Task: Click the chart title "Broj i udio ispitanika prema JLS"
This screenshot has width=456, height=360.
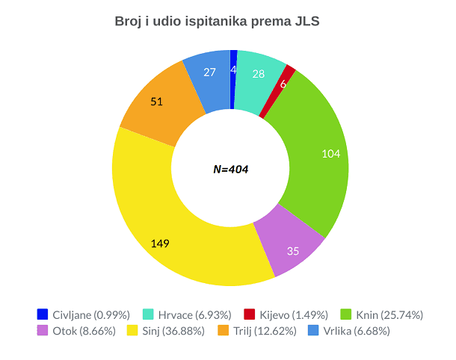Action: (x=217, y=22)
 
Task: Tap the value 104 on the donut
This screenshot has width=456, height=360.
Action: (x=330, y=154)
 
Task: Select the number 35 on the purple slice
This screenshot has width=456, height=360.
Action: (x=293, y=251)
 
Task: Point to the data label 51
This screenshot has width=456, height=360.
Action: (x=157, y=101)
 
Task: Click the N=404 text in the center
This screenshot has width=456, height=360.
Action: (x=230, y=170)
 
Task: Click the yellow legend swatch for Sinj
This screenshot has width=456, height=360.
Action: (x=132, y=330)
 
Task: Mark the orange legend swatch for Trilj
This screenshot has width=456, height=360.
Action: (x=223, y=330)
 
